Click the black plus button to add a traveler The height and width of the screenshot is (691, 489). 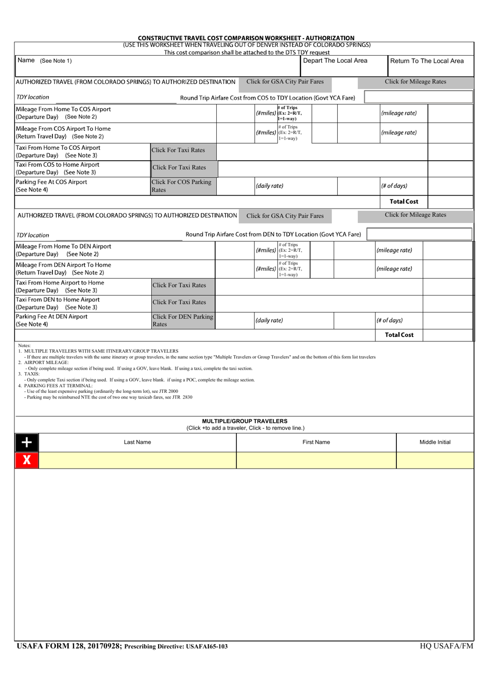click(27, 442)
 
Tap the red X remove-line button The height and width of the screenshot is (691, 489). click(27, 460)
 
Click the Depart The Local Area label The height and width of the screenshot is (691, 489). click(335, 61)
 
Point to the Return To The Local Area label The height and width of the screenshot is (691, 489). click(427, 61)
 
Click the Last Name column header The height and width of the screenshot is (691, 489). click(137, 442)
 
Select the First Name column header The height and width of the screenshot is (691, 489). click(316, 442)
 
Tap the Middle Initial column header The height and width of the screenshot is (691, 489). click(435, 442)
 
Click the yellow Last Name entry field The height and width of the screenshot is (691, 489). click(137, 460)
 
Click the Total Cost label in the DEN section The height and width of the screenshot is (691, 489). click(399, 335)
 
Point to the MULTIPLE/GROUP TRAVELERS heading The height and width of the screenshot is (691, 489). click(244, 421)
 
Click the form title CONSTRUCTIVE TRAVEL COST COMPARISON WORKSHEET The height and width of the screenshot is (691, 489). click(246, 38)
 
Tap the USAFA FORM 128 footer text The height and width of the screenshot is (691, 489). click(69, 646)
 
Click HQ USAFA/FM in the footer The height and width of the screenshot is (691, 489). click(446, 646)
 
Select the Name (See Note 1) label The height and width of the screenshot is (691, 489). click(45, 61)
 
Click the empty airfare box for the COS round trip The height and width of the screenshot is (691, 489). click(418, 97)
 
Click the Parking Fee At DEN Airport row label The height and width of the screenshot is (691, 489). click(51, 320)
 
